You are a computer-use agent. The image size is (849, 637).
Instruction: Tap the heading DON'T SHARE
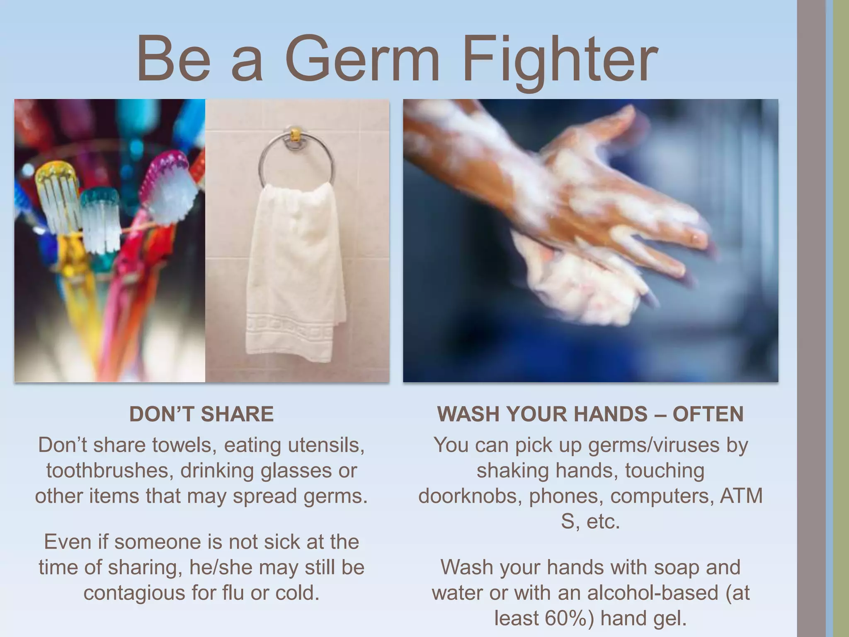point(201,414)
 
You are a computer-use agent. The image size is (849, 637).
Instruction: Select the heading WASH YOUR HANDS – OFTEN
point(590,414)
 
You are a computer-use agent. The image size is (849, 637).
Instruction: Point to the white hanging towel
point(295,270)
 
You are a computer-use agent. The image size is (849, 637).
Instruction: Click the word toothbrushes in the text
point(109,471)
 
